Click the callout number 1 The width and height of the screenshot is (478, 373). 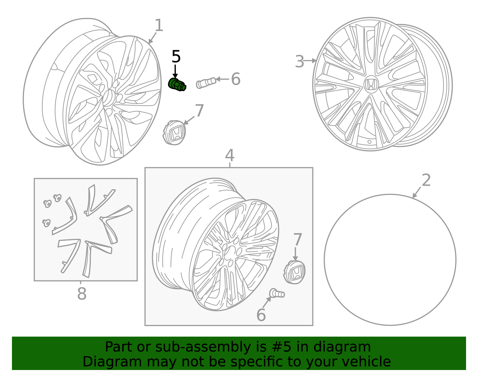[x=159, y=25]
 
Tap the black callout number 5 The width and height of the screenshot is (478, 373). [x=176, y=56]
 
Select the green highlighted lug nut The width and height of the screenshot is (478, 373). [x=177, y=85]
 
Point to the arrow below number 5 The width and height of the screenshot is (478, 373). [x=175, y=71]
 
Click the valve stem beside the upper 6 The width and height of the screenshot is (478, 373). [x=206, y=83]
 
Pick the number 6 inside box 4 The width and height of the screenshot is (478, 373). [x=261, y=315]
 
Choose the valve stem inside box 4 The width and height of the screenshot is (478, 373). [x=277, y=293]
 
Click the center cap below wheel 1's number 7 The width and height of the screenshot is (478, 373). [x=174, y=132]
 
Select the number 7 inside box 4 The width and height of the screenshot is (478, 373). [x=297, y=240]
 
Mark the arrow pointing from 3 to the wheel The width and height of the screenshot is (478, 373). [x=310, y=60]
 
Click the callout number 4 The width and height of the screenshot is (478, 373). [x=230, y=155]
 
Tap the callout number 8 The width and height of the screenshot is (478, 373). [x=82, y=293]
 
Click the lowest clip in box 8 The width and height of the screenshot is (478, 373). [x=46, y=223]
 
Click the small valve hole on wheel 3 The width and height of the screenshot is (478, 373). [x=369, y=142]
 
